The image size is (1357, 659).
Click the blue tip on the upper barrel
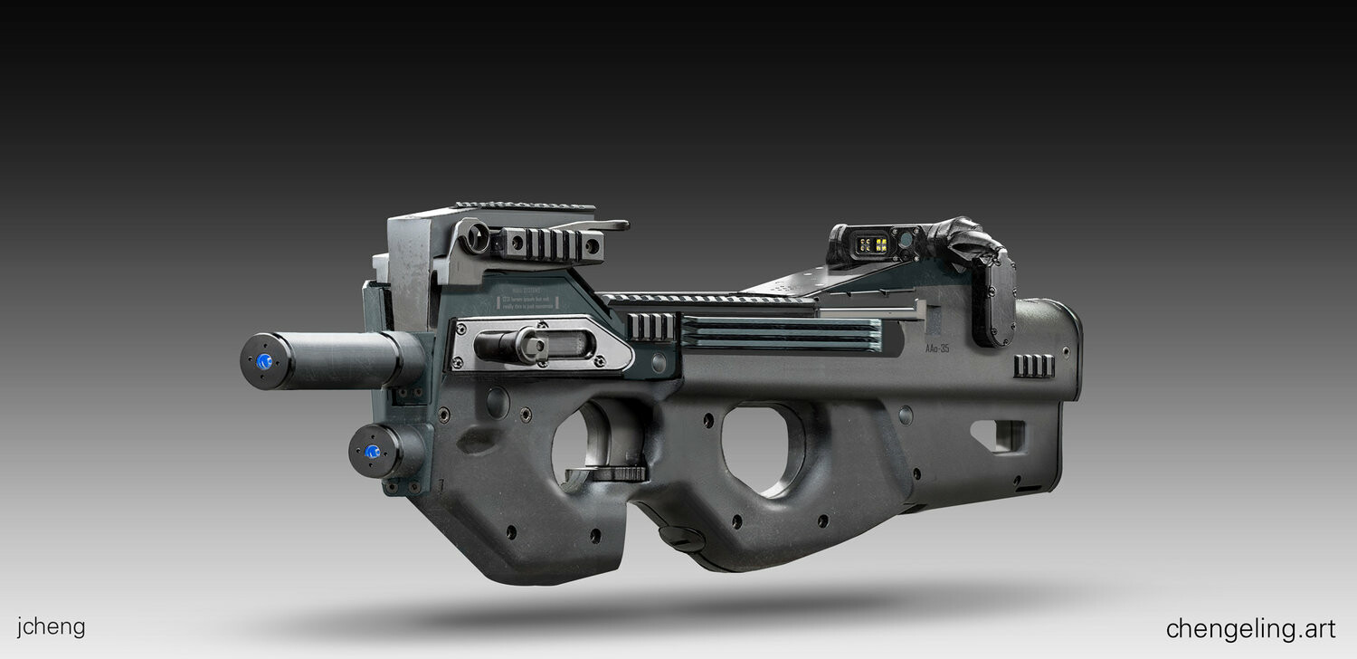[x=264, y=361]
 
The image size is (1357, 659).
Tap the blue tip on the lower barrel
[x=371, y=452]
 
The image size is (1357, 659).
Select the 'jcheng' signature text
[x=51, y=626]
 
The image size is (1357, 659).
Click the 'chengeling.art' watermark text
[x=1250, y=628]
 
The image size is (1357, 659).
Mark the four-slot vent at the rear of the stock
[x=1033, y=366]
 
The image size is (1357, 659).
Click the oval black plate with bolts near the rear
[x=992, y=299]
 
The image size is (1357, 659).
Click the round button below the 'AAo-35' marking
[x=905, y=415]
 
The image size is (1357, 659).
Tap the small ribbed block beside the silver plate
[x=650, y=327]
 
